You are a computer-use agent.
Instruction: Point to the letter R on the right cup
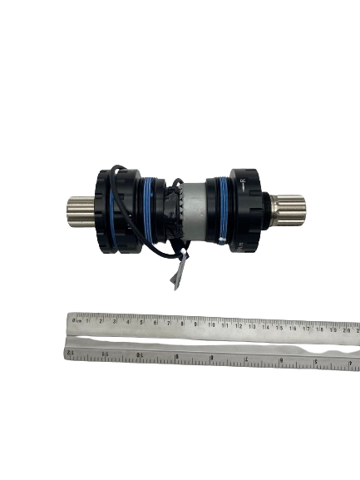[242, 181]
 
